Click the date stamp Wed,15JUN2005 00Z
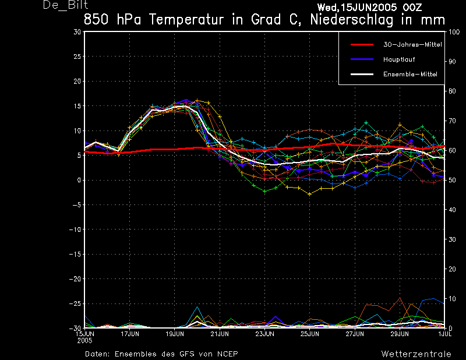(x=370, y=7)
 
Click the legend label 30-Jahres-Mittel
(x=409, y=44)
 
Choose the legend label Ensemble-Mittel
(x=410, y=75)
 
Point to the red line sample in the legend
(x=361, y=44)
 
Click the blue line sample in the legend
(x=361, y=59)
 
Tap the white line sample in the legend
(x=361, y=75)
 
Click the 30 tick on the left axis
(x=77, y=32)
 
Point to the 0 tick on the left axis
(x=79, y=181)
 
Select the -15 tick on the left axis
(x=76, y=255)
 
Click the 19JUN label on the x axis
(x=175, y=334)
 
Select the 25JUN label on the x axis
(x=310, y=334)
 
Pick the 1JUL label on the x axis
(x=444, y=334)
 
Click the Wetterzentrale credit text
(x=416, y=354)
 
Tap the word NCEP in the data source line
(x=226, y=354)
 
